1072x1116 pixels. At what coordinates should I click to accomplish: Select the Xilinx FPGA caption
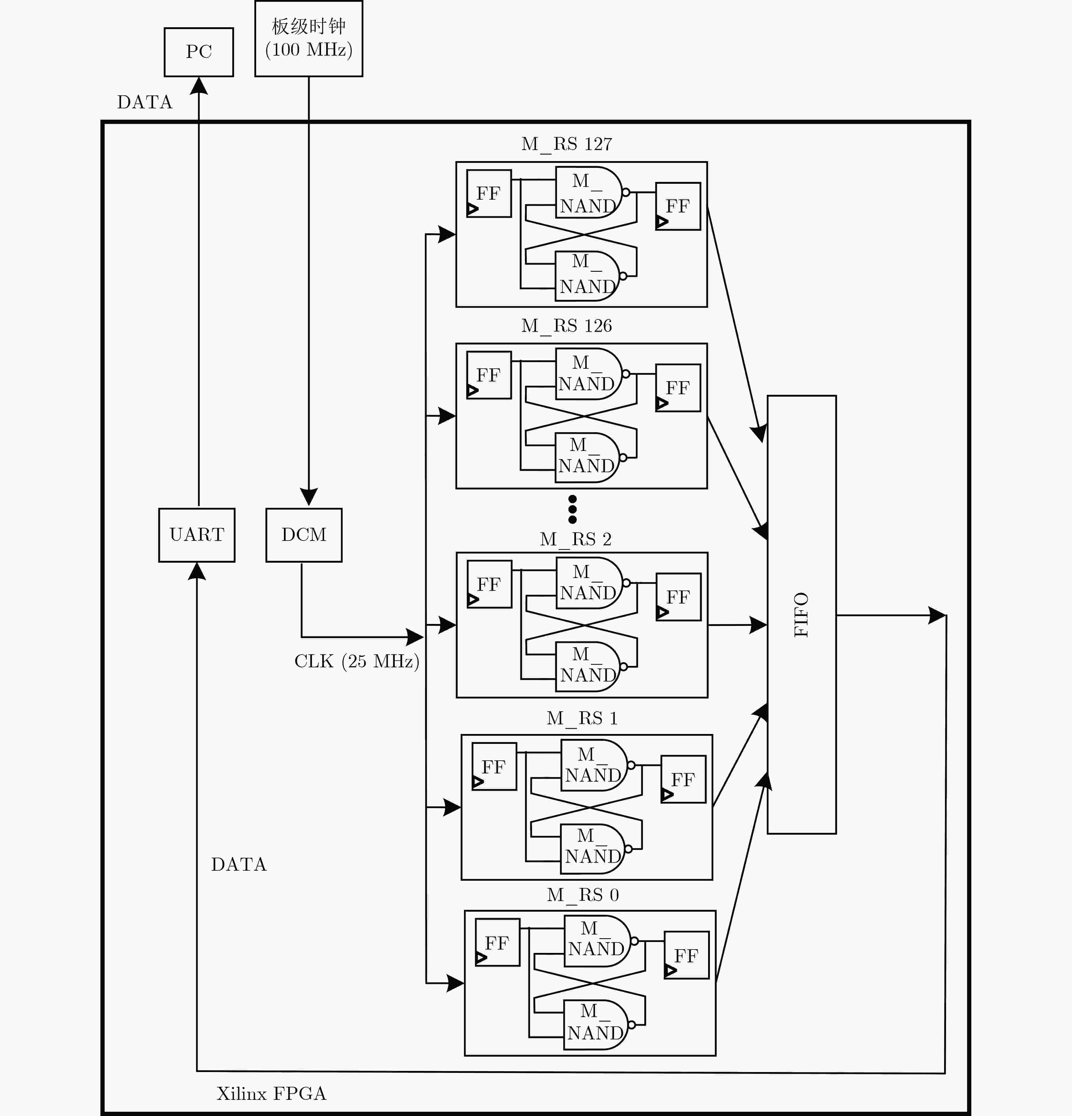(272, 1093)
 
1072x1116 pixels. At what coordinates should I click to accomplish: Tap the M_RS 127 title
(567, 144)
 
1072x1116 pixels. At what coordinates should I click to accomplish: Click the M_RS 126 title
(567, 326)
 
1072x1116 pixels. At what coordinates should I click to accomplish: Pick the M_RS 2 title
(576, 539)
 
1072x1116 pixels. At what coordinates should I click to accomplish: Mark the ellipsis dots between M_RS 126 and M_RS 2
(573, 509)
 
